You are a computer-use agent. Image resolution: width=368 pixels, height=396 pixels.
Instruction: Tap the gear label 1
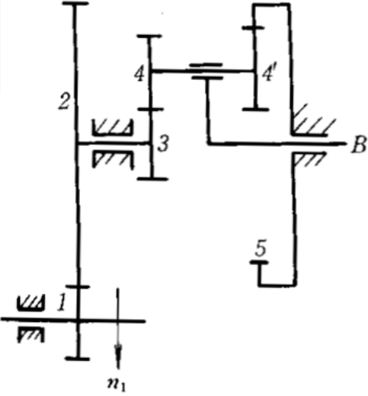coord(62,302)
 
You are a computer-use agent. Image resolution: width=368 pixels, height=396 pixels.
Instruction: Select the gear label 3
coord(163,144)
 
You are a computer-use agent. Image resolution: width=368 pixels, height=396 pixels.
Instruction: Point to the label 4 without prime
coord(139,75)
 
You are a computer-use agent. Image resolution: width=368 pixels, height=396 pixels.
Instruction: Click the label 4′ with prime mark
coord(267,75)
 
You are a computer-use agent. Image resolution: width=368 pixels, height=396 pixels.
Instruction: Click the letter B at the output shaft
coord(359,145)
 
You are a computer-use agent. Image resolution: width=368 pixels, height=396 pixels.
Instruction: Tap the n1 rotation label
coord(117,385)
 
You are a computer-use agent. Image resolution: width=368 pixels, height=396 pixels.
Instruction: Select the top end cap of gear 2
coord(75,4)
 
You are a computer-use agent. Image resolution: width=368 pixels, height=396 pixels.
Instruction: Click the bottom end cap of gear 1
coord(78,359)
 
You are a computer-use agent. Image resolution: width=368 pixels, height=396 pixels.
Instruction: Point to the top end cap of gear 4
coord(149,37)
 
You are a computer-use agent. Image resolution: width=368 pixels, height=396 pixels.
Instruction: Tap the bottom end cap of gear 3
coord(152,179)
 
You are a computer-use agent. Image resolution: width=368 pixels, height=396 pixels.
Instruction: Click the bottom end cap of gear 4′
coord(255,110)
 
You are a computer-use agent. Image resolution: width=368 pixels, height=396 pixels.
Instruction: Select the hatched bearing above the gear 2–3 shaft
coord(113,127)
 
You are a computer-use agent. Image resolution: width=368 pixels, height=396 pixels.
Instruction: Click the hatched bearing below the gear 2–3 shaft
coord(114,159)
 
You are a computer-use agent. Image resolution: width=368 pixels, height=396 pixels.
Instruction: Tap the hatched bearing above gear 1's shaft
coord(31,303)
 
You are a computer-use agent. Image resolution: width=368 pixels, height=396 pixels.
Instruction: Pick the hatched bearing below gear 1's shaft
coord(31,334)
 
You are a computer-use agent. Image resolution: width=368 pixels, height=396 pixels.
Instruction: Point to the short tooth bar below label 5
coord(259,263)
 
